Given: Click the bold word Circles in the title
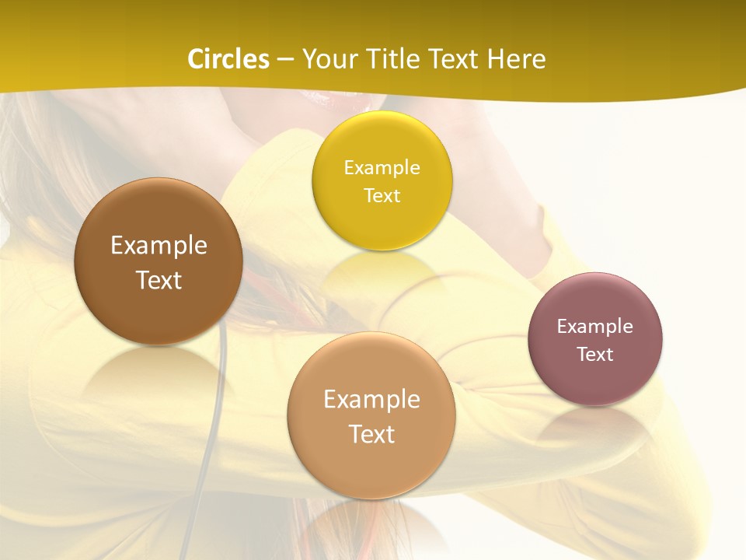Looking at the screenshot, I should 228,59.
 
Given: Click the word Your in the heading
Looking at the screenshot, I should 328,59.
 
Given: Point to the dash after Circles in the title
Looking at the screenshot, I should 285,60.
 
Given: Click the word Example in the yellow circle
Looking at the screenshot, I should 382,168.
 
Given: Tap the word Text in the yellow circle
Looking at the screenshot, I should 382,195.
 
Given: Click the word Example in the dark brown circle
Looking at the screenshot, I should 159,246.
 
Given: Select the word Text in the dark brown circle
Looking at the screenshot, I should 159,280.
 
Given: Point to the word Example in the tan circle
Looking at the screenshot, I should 371,400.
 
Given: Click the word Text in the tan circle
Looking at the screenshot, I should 371,434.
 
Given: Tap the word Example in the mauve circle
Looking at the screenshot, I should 595,326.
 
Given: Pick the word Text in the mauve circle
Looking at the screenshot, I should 595,354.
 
